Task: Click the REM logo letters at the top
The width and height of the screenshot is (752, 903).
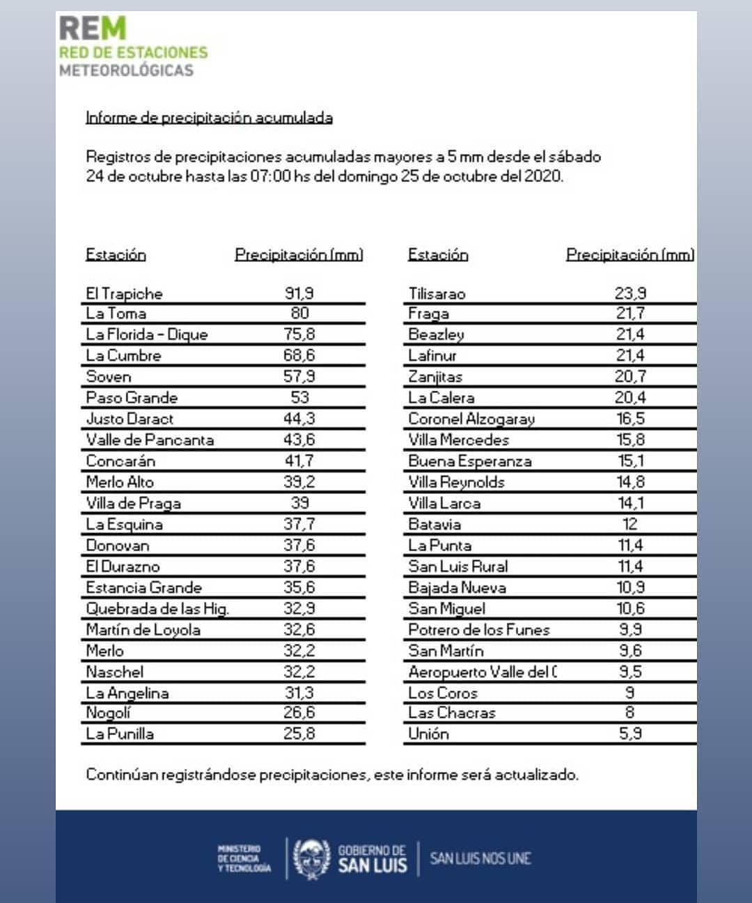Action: click(x=93, y=29)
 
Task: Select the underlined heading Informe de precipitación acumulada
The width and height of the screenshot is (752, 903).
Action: click(x=209, y=118)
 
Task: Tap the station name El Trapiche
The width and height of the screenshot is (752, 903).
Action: click(x=124, y=293)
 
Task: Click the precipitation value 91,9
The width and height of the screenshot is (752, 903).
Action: click(x=299, y=293)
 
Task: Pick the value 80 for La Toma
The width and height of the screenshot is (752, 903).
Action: click(x=299, y=313)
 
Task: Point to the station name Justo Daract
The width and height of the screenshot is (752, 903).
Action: click(x=130, y=419)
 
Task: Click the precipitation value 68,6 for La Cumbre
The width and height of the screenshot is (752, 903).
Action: click(x=299, y=355)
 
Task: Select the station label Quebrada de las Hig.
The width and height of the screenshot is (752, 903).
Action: click(x=157, y=608)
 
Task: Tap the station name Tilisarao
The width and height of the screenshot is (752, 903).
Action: click(x=437, y=293)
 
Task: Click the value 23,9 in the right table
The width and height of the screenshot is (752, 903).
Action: click(x=630, y=293)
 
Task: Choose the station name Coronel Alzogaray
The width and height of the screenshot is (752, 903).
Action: click(x=471, y=419)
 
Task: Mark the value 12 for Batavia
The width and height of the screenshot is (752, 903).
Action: click(x=629, y=524)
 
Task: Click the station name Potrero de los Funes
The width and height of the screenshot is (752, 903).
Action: click(x=479, y=630)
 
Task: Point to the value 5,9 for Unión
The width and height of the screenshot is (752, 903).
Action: click(x=630, y=734)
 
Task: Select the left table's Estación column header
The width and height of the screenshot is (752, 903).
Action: click(x=116, y=255)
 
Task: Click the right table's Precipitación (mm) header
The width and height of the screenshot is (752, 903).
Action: click(x=629, y=255)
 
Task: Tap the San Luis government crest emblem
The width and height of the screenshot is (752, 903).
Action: click(x=311, y=858)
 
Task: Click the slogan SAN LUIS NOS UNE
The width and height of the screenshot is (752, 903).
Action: click(x=480, y=858)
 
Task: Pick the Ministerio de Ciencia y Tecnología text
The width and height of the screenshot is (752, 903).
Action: click(x=244, y=858)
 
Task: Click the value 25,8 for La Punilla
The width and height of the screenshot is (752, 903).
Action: click(x=299, y=734)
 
